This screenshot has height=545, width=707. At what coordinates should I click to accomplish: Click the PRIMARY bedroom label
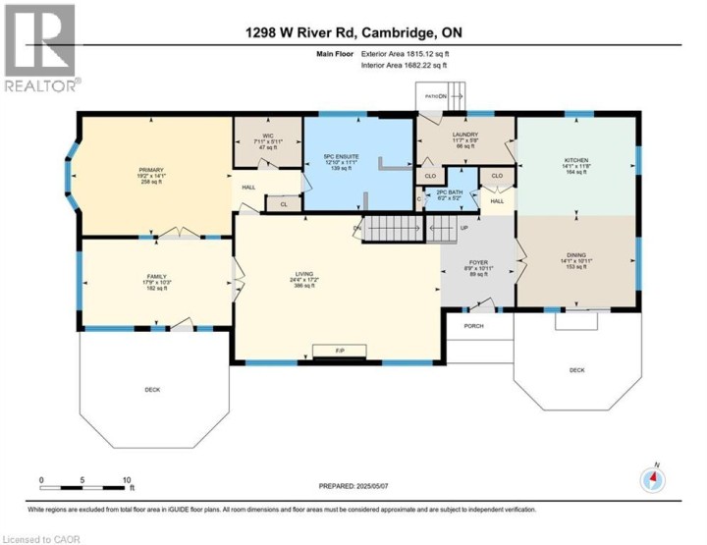(150, 170)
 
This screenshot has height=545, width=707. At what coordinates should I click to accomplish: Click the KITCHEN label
(575, 159)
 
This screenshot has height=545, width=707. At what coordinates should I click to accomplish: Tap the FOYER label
(477, 263)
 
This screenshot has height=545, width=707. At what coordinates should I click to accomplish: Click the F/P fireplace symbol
(339, 351)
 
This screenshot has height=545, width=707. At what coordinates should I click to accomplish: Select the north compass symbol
(653, 478)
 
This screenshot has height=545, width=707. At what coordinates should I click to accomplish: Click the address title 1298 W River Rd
(353, 33)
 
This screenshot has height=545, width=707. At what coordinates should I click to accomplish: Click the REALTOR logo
(40, 49)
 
